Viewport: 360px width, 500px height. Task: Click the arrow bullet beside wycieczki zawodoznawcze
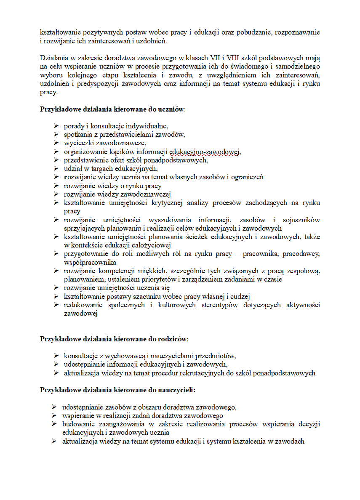pyautogui.click(x=56, y=143)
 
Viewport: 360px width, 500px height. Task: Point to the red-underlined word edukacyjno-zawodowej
pyautogui.click(x=205, y=152)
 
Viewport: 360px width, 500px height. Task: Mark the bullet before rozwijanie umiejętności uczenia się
pyautogui.click(x=56, y=288)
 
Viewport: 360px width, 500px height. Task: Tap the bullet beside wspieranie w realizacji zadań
pyautogui.click(x=54, y=416)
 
